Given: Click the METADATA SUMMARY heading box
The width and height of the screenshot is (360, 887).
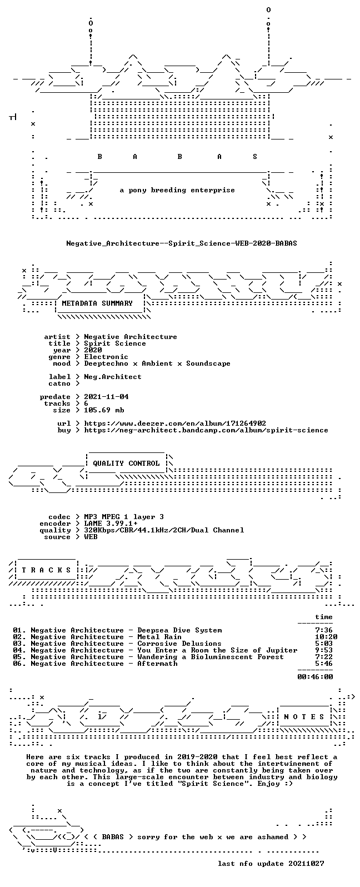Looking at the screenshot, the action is tap(97, 303).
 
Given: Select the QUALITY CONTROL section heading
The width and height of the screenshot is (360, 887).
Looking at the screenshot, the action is tap(126, 464).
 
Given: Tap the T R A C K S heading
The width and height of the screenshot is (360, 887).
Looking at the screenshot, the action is tap(46, 570).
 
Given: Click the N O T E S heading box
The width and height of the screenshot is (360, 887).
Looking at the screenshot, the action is tap(304, 717).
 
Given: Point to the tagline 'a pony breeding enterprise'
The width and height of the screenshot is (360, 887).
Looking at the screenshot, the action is tap(177, 191).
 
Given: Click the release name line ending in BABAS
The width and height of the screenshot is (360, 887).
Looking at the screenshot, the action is tap(181, 243).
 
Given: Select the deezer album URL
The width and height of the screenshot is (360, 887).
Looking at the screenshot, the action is tap(175, 423).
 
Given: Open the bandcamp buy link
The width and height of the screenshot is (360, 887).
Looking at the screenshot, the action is tap(206, 430).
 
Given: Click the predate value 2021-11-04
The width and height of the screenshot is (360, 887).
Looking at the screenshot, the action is tap(106, 397).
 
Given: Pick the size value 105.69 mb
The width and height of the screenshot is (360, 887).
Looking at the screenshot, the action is tap(104, 410).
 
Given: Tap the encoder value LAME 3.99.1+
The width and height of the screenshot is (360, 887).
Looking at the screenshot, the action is tap(111, 524).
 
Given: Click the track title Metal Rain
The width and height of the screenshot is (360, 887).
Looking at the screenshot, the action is tap(159, 637).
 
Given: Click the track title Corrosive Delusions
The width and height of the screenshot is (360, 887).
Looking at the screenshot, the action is tap(179, 644).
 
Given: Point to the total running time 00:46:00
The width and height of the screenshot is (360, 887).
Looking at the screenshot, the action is tap(315, 677).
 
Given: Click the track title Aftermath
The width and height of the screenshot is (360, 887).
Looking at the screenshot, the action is tap(157, 664).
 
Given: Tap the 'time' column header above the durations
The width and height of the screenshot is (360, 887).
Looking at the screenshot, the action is tap(324, 617).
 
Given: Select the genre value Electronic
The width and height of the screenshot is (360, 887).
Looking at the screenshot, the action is tap(106, 357).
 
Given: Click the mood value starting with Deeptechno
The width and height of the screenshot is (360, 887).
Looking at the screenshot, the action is tap(157, 363).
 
